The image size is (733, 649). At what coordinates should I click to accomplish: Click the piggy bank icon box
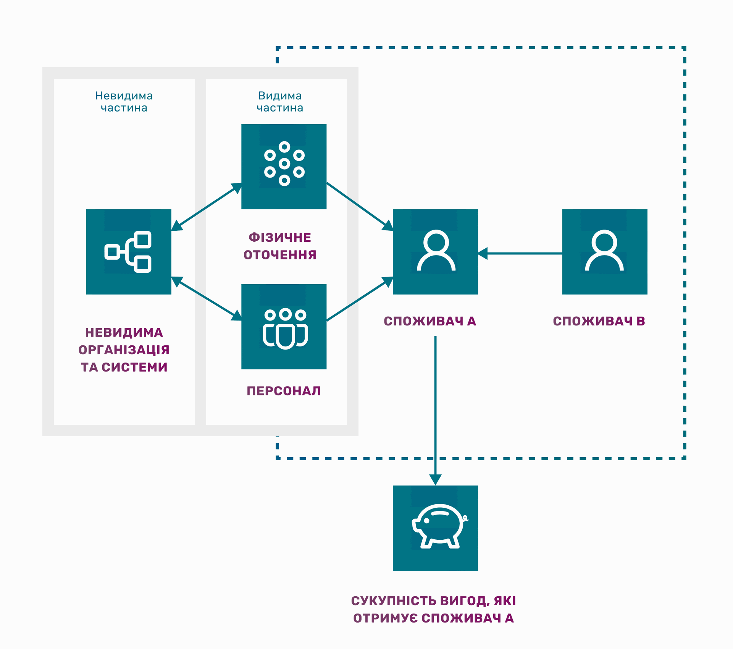pos(435,528)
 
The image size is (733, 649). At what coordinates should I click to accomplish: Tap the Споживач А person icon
pos(435,252)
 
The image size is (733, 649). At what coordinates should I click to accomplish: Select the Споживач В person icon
pos(605,252)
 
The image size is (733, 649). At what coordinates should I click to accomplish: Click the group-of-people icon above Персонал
pos(284,327)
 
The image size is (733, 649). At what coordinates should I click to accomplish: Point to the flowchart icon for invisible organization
pos(129,252)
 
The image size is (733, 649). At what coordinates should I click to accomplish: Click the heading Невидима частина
pos(124,102)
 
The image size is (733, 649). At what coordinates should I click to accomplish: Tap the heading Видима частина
pos(280,102)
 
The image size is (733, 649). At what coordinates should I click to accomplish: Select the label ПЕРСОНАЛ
pos(284,391)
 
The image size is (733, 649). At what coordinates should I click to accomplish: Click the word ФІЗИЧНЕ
pos(280,238)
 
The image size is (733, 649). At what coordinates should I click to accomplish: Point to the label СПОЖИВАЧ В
pos(599,321)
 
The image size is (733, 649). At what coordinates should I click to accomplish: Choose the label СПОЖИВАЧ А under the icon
pos(430,321)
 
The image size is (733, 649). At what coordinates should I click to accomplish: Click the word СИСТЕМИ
pos(135,367)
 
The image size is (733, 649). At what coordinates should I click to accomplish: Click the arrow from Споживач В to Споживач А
pos(520,253)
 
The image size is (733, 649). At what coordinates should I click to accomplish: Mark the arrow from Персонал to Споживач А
pos(360,299)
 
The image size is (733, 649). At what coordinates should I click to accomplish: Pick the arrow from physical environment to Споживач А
pos(360,206)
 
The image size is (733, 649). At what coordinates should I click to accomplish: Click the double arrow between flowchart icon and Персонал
pos(207,298)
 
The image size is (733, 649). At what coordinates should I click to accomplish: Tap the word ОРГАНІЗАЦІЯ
pos(124,350)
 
